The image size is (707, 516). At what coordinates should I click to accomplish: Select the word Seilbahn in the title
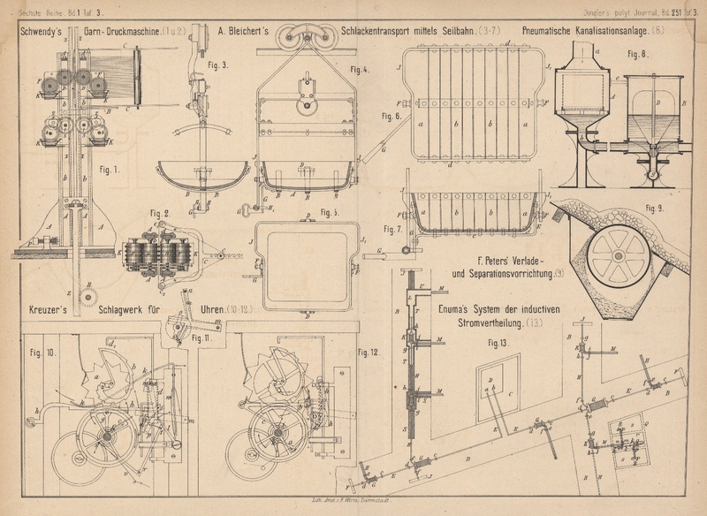pyautogui.click(x=452, y=30)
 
